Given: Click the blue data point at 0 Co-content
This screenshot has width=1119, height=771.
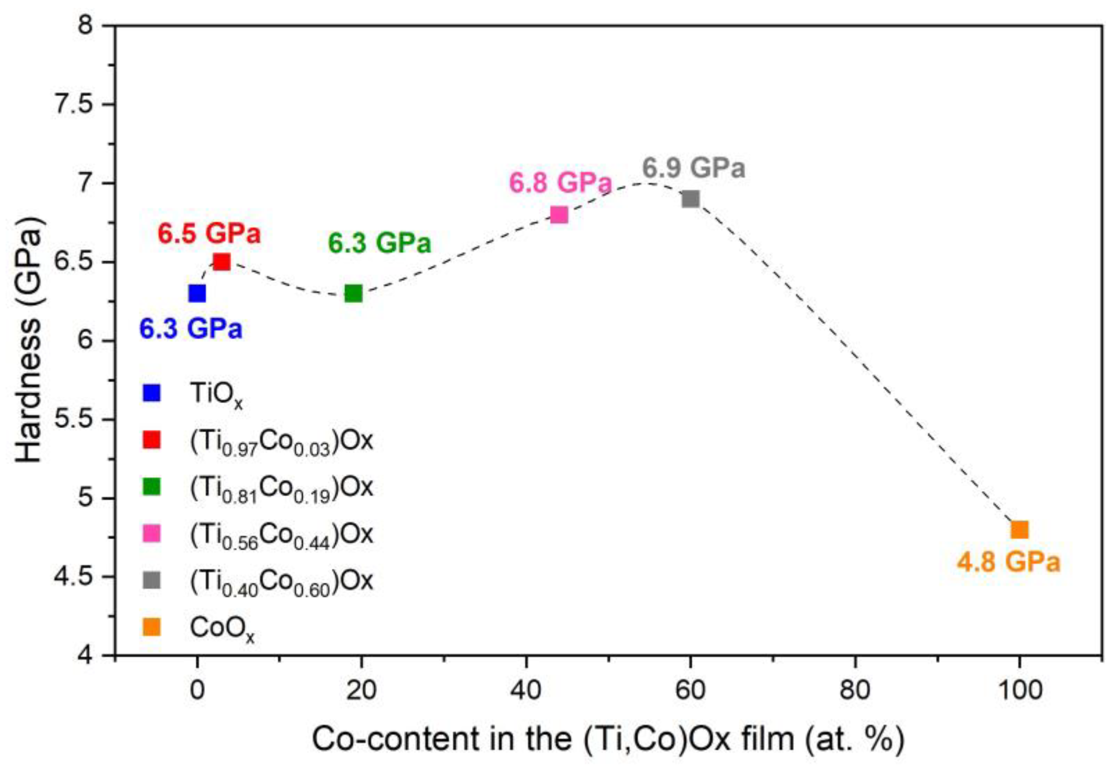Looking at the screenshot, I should click(x=197, y=293).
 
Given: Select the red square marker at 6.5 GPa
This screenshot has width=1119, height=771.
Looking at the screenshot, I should click(x=222, y=262).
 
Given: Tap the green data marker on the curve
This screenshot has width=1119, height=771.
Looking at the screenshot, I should click(x=354, y=293).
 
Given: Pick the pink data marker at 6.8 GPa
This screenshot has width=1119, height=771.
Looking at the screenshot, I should click(x=559, y=214).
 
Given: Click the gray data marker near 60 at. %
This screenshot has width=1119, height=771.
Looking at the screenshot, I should click(x=690, y=199).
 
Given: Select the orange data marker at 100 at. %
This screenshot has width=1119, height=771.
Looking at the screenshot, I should click(x=1019, y=529).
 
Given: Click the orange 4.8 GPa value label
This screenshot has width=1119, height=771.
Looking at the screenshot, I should click(x=1008, y=562).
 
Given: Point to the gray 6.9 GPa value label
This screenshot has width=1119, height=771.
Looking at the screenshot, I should click(x=694, y=168).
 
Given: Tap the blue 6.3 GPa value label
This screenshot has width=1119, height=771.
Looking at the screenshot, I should click(x=191, y=329).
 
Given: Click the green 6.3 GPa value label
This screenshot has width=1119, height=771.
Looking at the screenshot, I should click(x=379, y=242).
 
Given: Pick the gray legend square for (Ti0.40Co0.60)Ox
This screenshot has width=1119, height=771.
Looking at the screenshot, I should click(x=152, y=580).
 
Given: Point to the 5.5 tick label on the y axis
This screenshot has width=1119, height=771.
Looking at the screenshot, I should click(x=73, y=419).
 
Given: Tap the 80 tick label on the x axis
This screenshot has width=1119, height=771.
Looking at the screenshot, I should click(x=855, y=691).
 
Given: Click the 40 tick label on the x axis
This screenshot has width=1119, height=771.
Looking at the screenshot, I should click(x=526, y=691).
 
